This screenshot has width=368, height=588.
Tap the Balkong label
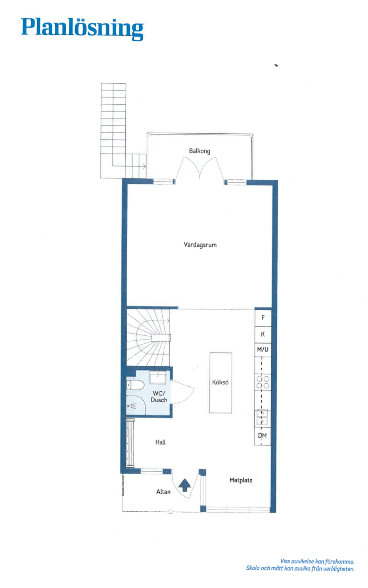[199, 151]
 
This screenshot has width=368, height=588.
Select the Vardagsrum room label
[200, 245]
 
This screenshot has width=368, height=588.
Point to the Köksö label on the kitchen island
[220, 382]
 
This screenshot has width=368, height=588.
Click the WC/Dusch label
[159, 397]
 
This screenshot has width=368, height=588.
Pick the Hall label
[161, 442]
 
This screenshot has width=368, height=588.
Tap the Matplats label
[241, 480]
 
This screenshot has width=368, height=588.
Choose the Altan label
[163, 492]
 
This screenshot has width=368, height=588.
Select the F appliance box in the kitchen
[263, 318]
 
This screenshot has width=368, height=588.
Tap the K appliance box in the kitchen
[263, 334]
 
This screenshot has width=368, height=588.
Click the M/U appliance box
[263, 350]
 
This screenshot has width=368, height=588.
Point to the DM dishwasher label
[262, 436]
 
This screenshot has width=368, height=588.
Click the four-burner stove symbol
[263, 382]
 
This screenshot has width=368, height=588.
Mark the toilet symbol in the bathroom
[135, 385]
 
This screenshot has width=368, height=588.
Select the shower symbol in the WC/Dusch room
[136, 405]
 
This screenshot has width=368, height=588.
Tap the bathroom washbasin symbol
[158, 378]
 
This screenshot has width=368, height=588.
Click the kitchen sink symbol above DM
[262, 417]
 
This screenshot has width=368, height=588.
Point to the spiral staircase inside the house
[148, 338]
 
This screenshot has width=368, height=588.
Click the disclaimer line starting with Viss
[317, 561]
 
